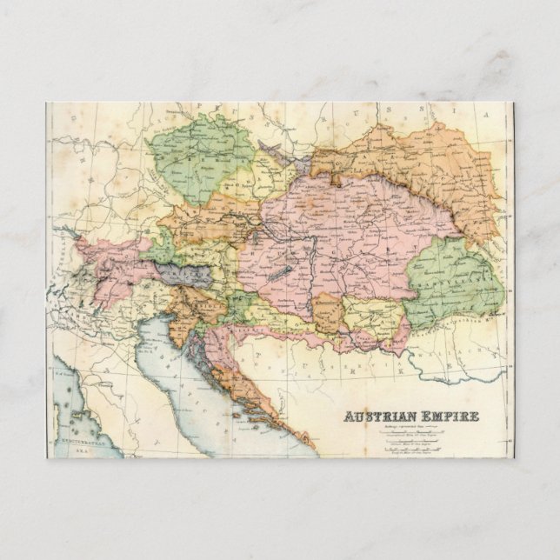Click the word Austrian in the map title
pos(376,416)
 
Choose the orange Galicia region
pos(409,165)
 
